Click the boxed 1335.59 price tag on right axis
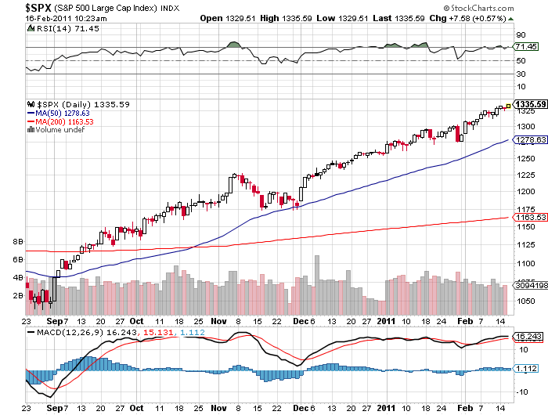pos(530,104)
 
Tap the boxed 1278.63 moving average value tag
pos(530,139)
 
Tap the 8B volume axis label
pos(18,242)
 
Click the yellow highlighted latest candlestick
pos(508,106)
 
